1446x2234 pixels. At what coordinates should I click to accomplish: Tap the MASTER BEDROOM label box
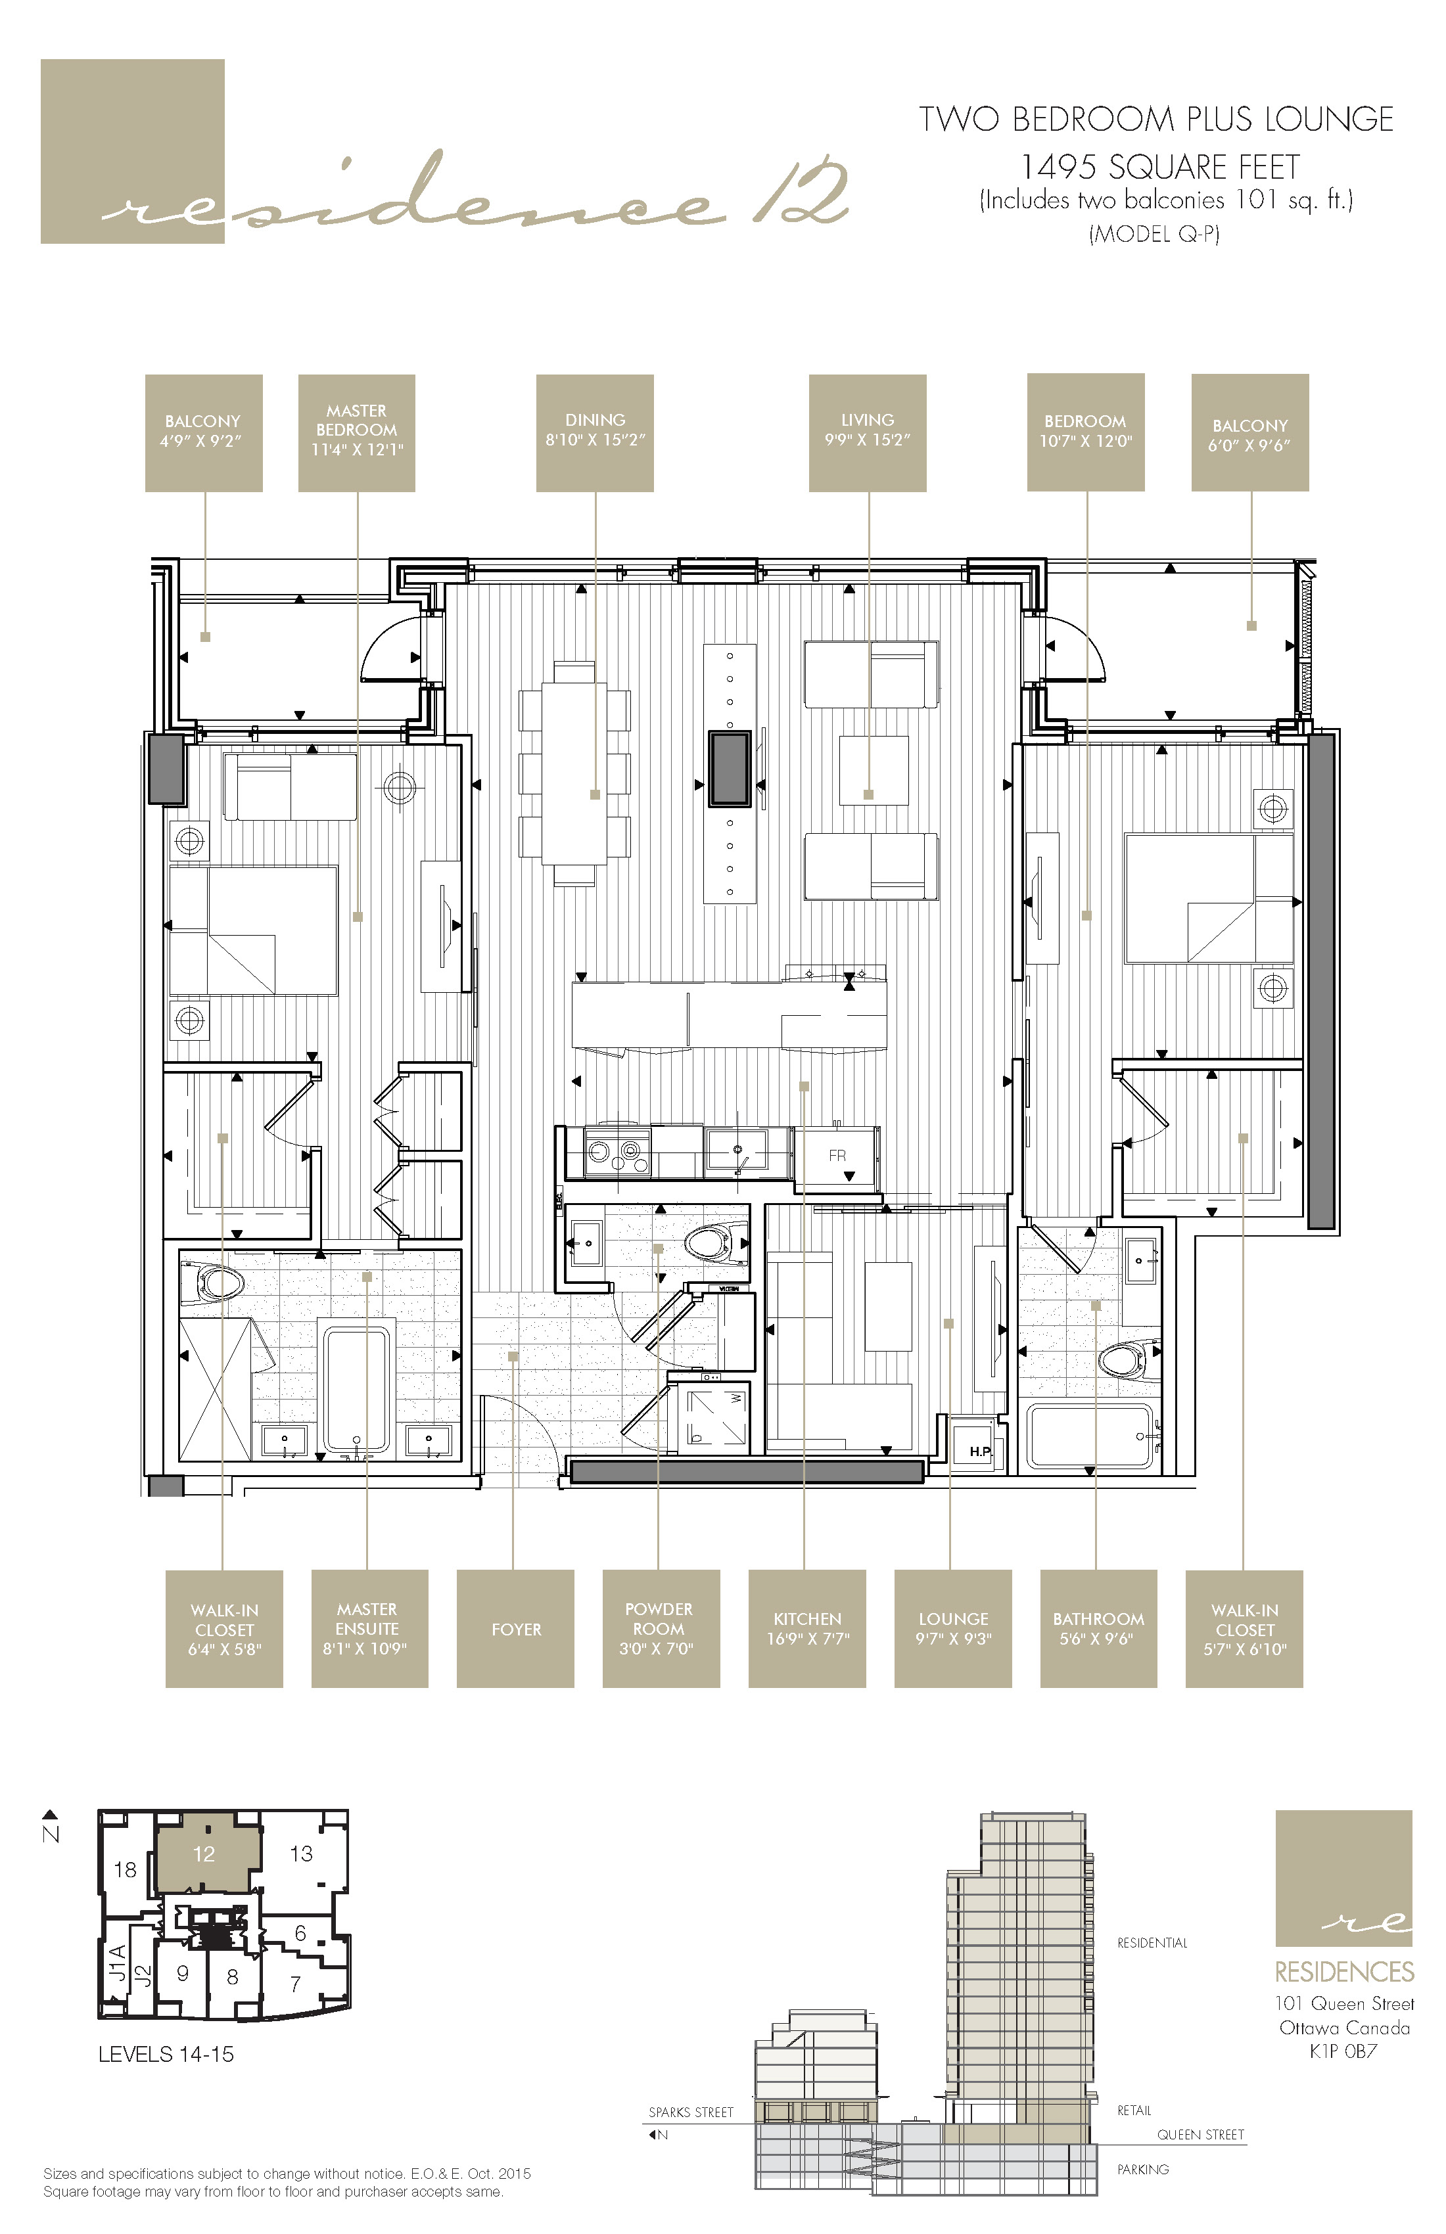coord(357,433)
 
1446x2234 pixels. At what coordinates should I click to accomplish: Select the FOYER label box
coord(515,1629)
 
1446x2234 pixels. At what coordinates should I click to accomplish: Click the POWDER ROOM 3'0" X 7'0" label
coord(660,1629)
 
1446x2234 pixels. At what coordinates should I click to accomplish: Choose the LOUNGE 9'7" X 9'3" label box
coord(952,1629)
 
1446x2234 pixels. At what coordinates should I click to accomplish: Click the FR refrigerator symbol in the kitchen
coord(837,1156)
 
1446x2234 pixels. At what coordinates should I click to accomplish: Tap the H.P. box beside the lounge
coord(979,1451)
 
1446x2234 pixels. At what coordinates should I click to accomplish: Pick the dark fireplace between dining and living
coord(729,769)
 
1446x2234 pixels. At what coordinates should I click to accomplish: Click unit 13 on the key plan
coord(302,1853)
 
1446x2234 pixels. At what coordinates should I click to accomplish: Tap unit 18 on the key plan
coord(125,1869)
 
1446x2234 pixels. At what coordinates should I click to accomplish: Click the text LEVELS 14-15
coord(166,2054)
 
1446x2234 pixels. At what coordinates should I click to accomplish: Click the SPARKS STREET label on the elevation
coord(691,2112)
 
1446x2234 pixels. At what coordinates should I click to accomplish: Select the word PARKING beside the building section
coord(1143,2168)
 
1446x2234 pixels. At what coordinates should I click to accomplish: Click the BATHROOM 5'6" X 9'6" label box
coord(1098,1629)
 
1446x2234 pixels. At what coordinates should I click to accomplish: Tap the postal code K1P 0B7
coord(1343,2051)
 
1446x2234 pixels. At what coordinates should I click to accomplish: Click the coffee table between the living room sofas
coord(874,769)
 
